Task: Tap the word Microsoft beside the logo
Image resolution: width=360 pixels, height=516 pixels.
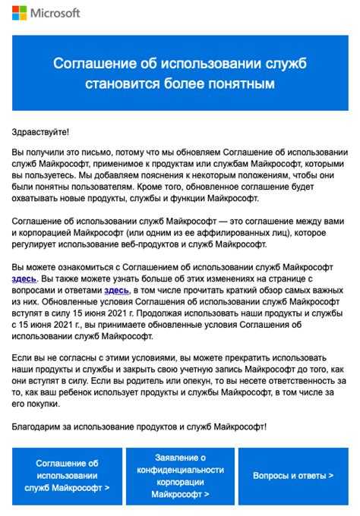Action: coord(55,14)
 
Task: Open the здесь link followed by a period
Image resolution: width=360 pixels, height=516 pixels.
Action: coord(24,279)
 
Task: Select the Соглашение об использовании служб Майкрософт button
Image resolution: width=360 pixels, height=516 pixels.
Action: coord(67,476)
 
